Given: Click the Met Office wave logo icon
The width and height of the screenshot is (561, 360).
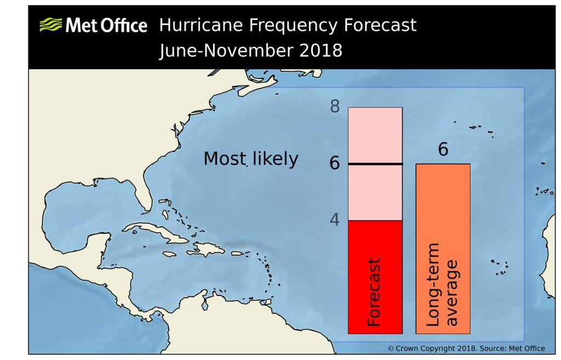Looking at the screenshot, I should coord(51,25).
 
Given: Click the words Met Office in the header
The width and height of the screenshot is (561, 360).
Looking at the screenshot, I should coord(106,26).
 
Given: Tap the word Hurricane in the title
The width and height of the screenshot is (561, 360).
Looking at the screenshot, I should coord(202,25).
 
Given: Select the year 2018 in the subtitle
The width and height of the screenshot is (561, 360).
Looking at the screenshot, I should coord(320,50).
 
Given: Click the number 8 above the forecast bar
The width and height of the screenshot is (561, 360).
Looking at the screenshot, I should coord(334,106).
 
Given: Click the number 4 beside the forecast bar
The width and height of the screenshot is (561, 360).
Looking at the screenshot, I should coord(334,219).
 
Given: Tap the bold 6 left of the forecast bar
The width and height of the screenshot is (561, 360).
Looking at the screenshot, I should coord(335,163).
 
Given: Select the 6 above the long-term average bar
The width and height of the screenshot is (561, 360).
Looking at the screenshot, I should coord(443,149).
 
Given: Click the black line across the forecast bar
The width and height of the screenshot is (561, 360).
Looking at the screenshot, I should coord(375,164).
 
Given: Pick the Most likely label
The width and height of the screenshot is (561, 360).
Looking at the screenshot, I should coord(250,159).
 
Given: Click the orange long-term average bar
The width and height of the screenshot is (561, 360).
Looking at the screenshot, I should coord(443,219).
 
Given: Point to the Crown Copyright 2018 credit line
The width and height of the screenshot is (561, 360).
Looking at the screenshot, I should coord(466,348).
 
